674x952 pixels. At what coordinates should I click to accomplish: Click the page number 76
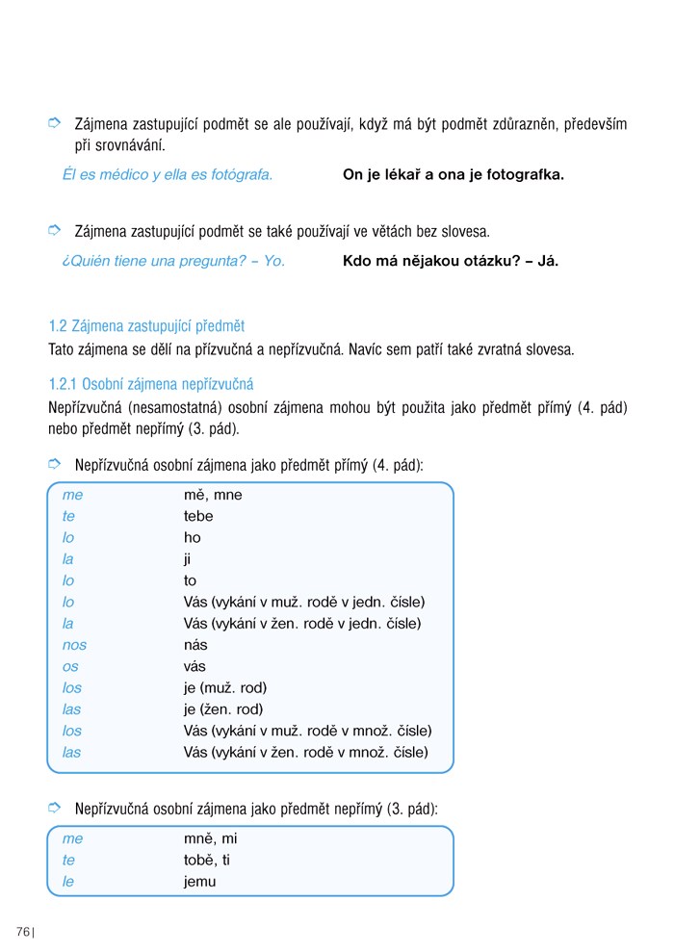23,931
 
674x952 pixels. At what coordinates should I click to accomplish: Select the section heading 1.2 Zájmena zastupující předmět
146,326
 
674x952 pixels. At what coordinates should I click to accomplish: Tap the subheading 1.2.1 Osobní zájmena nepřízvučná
151,384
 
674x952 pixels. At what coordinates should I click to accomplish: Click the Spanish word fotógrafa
239,174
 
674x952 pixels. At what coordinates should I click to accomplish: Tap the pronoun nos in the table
74,645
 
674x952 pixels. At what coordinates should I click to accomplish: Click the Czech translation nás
195,645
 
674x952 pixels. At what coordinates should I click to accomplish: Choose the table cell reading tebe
198,516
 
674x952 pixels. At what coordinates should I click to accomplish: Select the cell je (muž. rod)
225,687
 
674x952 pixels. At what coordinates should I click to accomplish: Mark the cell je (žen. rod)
223,709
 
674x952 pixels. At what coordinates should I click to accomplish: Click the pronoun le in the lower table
68,881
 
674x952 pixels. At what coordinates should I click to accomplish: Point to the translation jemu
199,881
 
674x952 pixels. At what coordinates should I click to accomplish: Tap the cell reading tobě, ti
207,860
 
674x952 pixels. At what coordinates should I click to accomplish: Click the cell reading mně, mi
210,838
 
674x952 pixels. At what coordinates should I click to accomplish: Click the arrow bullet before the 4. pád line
55,465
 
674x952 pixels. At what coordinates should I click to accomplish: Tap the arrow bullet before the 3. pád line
55,808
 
